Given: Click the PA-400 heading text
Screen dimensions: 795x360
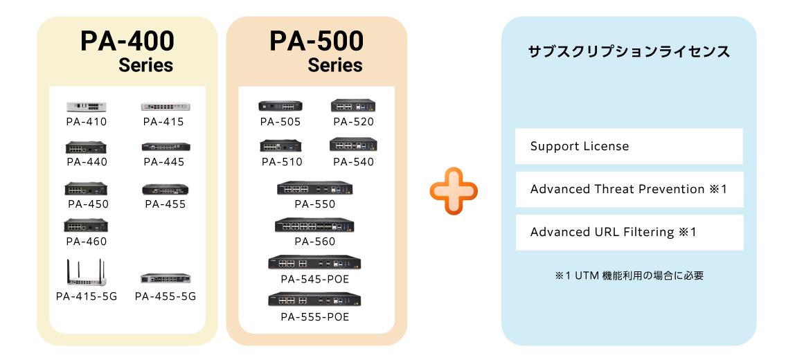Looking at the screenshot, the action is [x=127, y=42].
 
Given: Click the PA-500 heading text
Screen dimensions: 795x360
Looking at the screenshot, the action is [x=316, y=42].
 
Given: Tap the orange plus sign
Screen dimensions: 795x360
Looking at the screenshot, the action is [x=454, y=190].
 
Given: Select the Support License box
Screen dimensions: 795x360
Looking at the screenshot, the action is [x=629, y=146].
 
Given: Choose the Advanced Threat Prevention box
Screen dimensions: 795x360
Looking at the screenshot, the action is [x=629, y=189].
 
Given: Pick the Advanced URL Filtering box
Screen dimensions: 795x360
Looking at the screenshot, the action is [x=629, y=232].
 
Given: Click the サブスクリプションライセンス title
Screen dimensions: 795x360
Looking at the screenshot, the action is [x=629, y=52].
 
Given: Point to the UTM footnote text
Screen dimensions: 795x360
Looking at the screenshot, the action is [x=629, y=276].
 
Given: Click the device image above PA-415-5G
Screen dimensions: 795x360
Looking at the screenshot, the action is [x=86, y=272].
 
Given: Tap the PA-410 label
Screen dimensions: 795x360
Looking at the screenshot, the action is [x=87, y=122].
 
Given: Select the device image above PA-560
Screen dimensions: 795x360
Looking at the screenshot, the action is [x=315, y=225].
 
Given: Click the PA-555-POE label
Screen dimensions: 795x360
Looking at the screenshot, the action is [x=315, y=317].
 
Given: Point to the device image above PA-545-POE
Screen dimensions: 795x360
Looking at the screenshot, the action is [x=315, y=262].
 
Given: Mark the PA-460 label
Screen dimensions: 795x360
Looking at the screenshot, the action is [x=87, y=242].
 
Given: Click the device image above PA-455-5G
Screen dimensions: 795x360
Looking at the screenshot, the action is [x=166, y=278].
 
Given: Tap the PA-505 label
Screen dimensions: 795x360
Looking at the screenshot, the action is [x=280, y=122].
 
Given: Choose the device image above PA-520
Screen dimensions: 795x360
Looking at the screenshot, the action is [x=353, y=105].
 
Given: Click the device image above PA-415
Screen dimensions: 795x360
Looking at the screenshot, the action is [x=166, y=107].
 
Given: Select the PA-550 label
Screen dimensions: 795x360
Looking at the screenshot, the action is [x=315, y=204].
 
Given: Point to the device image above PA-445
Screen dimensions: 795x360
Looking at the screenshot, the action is [x=166, y=147].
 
